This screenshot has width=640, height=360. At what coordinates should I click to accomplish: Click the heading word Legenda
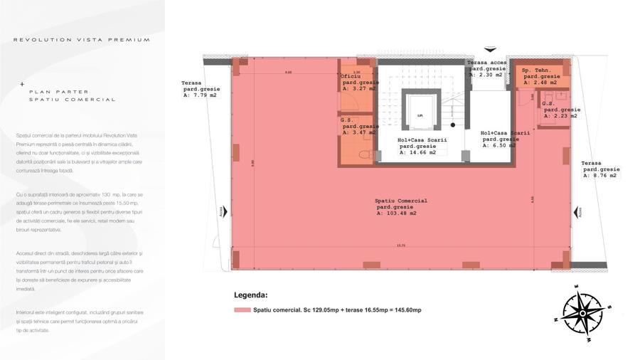(250, 295)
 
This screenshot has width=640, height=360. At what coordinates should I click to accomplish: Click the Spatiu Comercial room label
(401, 201)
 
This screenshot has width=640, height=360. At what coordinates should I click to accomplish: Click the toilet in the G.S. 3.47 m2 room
(365, 154)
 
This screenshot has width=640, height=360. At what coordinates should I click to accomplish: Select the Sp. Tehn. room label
(538, 70)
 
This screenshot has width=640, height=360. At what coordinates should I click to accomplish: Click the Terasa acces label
(486, 63)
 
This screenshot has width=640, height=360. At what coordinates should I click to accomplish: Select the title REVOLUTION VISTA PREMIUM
(82, 40)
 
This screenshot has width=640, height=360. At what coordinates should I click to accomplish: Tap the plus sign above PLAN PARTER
(22, 83)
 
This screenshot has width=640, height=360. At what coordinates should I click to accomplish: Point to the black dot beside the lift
(452, 125)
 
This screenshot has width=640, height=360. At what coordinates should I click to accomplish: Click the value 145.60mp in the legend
(406, 310)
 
